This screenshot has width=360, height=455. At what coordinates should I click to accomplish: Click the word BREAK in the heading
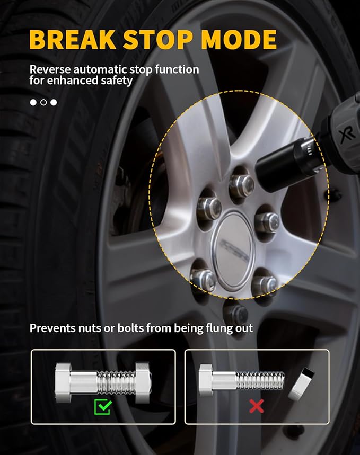point(73,40)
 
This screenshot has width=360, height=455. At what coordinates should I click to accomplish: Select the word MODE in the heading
point(239,40)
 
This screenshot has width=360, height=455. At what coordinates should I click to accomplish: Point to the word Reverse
point(50,69)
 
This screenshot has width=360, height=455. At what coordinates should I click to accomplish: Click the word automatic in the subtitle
point(100,69)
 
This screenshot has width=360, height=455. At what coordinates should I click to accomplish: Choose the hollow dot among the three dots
point(43,102)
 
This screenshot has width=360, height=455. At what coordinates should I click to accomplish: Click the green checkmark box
point(102,407)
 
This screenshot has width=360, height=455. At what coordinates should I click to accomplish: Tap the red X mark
point(257,406)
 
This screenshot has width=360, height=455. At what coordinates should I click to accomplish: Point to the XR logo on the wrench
point(347,135)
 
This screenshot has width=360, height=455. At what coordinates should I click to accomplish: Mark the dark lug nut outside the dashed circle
point(236,313)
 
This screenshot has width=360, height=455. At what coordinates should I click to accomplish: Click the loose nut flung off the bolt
point(301,383)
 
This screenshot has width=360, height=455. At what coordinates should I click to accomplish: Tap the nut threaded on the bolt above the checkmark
point(143,382)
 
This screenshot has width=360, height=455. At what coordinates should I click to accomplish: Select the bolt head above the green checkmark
point(63,382)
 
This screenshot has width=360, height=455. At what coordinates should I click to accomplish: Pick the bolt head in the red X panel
point(206,380)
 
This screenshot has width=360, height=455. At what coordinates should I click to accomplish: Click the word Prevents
point(52,328)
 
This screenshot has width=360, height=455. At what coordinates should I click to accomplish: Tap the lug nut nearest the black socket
point(242,185)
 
